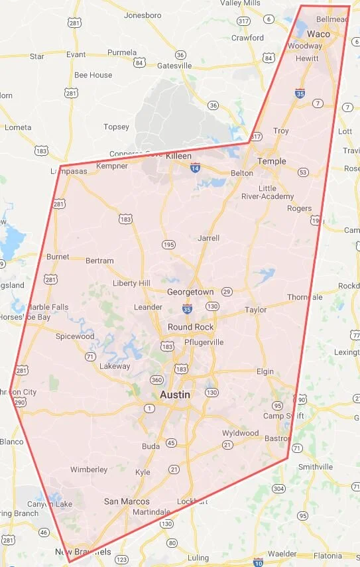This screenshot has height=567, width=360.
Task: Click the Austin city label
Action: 175,395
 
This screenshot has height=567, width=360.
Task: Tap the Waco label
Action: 318,34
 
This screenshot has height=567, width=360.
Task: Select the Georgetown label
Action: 190,292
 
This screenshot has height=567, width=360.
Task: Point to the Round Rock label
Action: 190,327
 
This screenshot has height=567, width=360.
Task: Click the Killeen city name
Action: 178,155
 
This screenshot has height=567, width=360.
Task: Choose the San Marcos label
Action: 127,501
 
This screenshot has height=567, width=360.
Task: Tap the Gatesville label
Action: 174,66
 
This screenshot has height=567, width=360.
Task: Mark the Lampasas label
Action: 69,171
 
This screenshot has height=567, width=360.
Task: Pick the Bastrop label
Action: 278,439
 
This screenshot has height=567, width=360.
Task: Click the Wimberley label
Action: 89,470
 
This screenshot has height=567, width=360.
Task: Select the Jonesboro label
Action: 143,15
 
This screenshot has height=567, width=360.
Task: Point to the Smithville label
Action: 315,467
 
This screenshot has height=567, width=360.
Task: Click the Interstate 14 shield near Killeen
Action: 195,168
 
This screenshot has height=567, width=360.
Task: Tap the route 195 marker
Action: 169,245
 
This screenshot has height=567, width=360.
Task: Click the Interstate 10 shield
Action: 258,562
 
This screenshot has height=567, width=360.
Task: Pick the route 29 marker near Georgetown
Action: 227,292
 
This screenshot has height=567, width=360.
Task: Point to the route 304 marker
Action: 278,489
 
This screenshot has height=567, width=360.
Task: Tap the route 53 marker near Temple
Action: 303,172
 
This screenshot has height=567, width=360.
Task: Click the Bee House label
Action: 93,75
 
